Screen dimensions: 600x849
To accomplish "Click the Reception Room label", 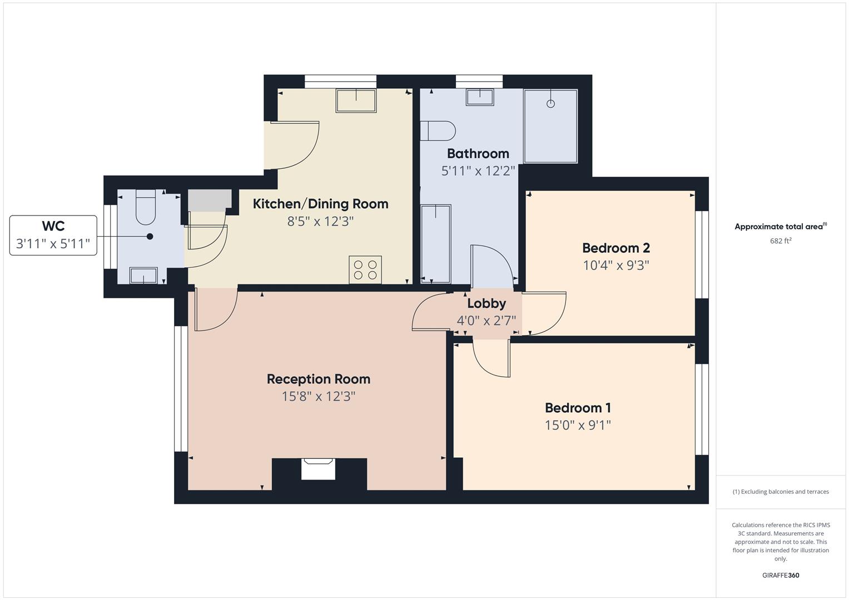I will click(x=318, y=379).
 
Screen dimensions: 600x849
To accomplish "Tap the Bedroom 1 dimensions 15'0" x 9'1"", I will click(x=578, y=425).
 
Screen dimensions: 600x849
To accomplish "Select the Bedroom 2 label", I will click(x=615, y=248).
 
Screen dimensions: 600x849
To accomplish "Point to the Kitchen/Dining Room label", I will click(x=320, y=204).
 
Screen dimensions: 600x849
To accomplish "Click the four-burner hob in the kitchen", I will click(x=365, y=270).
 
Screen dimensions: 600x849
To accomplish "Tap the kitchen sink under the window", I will click(x=355, y=101).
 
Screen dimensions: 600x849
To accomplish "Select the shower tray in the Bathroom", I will click(x=550, y=126).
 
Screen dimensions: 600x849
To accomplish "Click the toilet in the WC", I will click(x=146, y=208).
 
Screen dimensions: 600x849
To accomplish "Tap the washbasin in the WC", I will click(x=143, y=275).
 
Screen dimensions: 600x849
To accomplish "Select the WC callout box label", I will click(x=53, y=226).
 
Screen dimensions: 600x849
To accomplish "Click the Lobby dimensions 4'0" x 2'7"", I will click(x=486, y=321).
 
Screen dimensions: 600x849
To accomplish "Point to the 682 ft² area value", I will click(x=780, y=241).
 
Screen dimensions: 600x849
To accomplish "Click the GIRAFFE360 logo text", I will click(x=780, y=575).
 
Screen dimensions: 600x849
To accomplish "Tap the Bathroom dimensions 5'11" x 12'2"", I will click(x=478, y=171).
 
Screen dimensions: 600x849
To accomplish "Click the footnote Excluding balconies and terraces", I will click(x=780, y=492).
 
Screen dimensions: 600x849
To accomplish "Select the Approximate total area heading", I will click(x=780, y=227).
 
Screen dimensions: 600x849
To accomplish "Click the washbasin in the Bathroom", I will click(x=479, y=97).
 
